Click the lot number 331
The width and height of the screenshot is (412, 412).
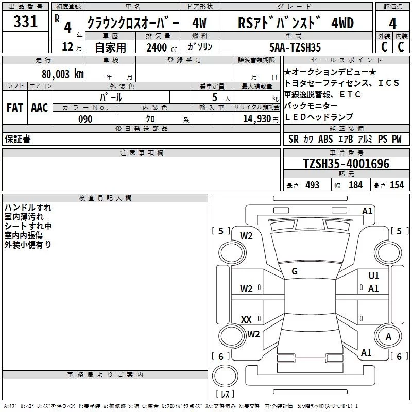(x=25, y=22)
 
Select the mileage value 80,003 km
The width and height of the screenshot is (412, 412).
(x=62, y=74)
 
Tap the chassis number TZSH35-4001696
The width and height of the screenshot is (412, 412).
(x=346, y=164)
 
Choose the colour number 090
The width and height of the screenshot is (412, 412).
(x=85, y=119)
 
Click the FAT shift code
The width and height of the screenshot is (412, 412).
(x=14, y=108)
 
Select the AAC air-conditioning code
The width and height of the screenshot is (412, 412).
(x=40, y=108)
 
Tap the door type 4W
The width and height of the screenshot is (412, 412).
(x=199, y=23)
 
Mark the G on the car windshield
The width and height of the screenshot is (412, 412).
(x=295, y=271)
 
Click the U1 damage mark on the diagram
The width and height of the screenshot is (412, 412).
(x=374, y=277)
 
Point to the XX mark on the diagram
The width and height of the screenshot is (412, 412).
(x=246, y=320)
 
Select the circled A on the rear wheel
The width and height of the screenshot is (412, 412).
(x=388, y=337)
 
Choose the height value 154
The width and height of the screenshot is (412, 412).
(x=397, y=185)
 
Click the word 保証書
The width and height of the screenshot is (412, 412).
(x=18, y=139)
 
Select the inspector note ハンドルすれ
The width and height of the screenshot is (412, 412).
(x=28, y=208)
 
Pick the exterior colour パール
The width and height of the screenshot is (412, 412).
(x=111, y=97)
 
